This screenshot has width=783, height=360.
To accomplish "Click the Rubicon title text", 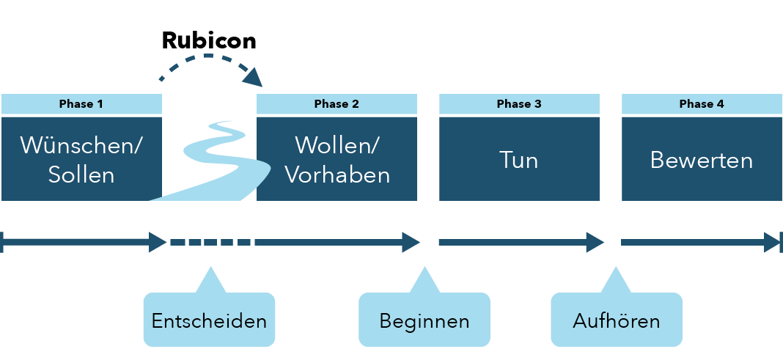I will click(209, 40).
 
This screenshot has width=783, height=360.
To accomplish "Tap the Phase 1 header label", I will click(81, 104).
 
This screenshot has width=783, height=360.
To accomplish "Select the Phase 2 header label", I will click(337, 104).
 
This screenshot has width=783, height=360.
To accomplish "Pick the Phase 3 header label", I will click(519, 104).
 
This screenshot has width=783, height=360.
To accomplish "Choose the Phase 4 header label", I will click(702, 104).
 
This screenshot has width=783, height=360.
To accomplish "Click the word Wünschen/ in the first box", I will click(81, 145).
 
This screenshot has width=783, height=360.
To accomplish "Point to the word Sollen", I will click(81, 175).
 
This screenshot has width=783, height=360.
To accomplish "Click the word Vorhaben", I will click(337, 175).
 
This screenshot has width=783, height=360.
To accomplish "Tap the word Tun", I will click(519, 160).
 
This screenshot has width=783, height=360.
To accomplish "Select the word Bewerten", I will click(702, 160).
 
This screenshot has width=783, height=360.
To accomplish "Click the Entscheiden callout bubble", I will click(209, 320).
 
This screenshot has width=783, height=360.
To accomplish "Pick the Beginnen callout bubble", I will click(424, 320).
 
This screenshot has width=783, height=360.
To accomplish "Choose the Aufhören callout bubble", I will click(616, 320).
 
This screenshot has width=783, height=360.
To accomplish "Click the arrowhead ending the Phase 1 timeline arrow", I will click(158, 242).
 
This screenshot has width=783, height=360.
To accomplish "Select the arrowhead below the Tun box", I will click(595, 242).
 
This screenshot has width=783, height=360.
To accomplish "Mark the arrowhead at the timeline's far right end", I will click(772, 242).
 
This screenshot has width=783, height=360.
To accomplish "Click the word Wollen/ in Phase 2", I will click(337, 145).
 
